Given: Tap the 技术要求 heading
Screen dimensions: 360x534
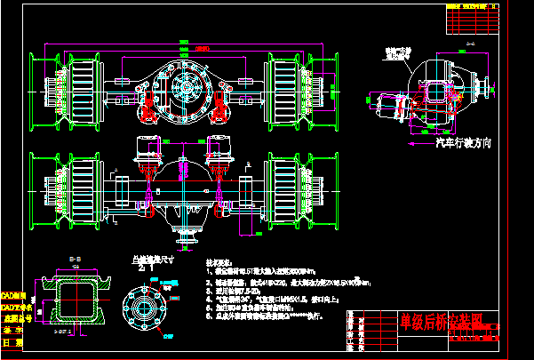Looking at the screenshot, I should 219,264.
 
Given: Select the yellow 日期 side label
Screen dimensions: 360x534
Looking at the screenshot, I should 12,341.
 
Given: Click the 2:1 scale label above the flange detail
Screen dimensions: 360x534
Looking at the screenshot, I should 142,265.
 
